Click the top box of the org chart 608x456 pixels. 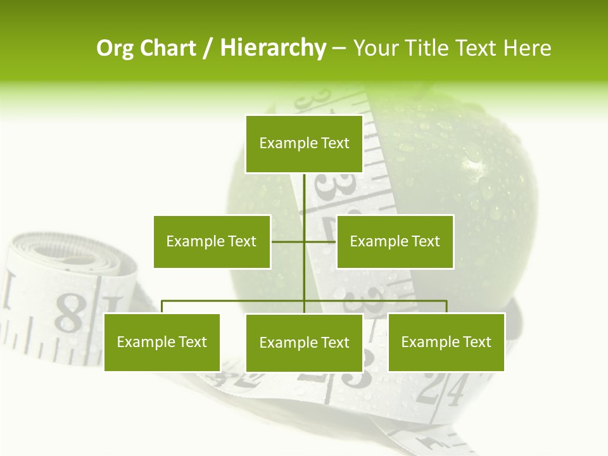(304, 144)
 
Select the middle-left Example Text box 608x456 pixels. (212, 241)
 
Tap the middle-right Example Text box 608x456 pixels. (395, 241)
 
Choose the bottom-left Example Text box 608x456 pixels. (161, 342)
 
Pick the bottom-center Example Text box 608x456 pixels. (304, 343)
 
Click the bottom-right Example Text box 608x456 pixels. (446, 342)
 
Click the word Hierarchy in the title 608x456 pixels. (272, 48)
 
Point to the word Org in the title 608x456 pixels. (115, 48)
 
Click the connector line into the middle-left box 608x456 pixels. (288, 241)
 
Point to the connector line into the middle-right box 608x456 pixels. (320, 241)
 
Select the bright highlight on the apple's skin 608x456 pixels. (474, 166)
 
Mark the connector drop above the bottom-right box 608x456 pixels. (446, 307)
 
